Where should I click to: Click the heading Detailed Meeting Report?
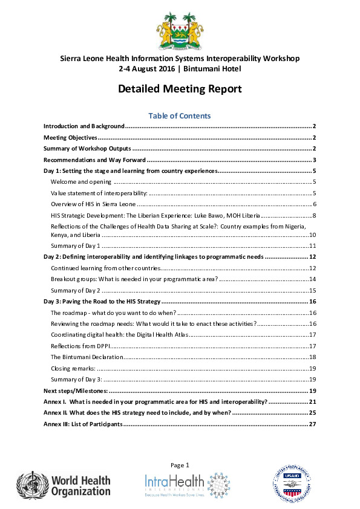[x=180, y=89]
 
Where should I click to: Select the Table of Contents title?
[x=180, y=115]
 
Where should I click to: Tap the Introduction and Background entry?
[x=84, y=126]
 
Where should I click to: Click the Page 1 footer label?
[x=180, y=465]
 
